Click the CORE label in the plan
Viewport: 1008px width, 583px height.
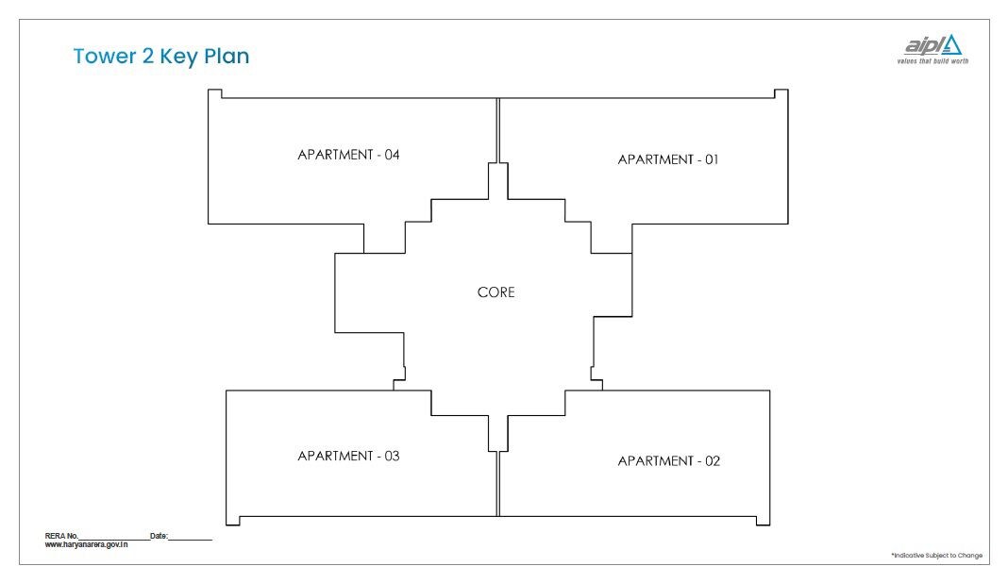(x=496, y=292)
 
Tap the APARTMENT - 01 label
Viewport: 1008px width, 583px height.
(x=668, y=159)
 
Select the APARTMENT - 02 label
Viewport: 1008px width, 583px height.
(x=668, y=461)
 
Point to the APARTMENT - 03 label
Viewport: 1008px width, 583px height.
(x=348, y=456)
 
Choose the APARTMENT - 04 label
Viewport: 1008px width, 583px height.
(x=348, y=155)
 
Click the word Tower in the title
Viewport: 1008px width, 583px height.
(x=104, y=56)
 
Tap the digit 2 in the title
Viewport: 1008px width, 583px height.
(x=148, y=56)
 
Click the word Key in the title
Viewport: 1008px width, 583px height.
(x=178, y=58)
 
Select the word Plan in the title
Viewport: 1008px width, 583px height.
(x=227, y=56)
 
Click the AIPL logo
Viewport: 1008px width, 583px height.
(x=932, y=45)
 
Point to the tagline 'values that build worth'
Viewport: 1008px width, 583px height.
(x=932, y=61)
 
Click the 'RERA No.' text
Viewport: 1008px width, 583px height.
(x=61, y=536)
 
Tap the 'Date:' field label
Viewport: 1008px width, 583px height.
(x=159, y=536)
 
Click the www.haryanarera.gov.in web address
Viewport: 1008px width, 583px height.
(x=86, y=544)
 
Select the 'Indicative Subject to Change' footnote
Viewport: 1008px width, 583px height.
(x=936, y=556)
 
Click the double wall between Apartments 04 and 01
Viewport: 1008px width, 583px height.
(x=498, y=130)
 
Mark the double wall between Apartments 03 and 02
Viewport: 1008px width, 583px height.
(x=498, y=483)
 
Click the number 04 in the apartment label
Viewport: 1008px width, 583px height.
(x=392, y=155)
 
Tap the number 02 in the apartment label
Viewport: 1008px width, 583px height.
(x=713, y=461)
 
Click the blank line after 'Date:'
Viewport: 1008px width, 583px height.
(x=191, y=540)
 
